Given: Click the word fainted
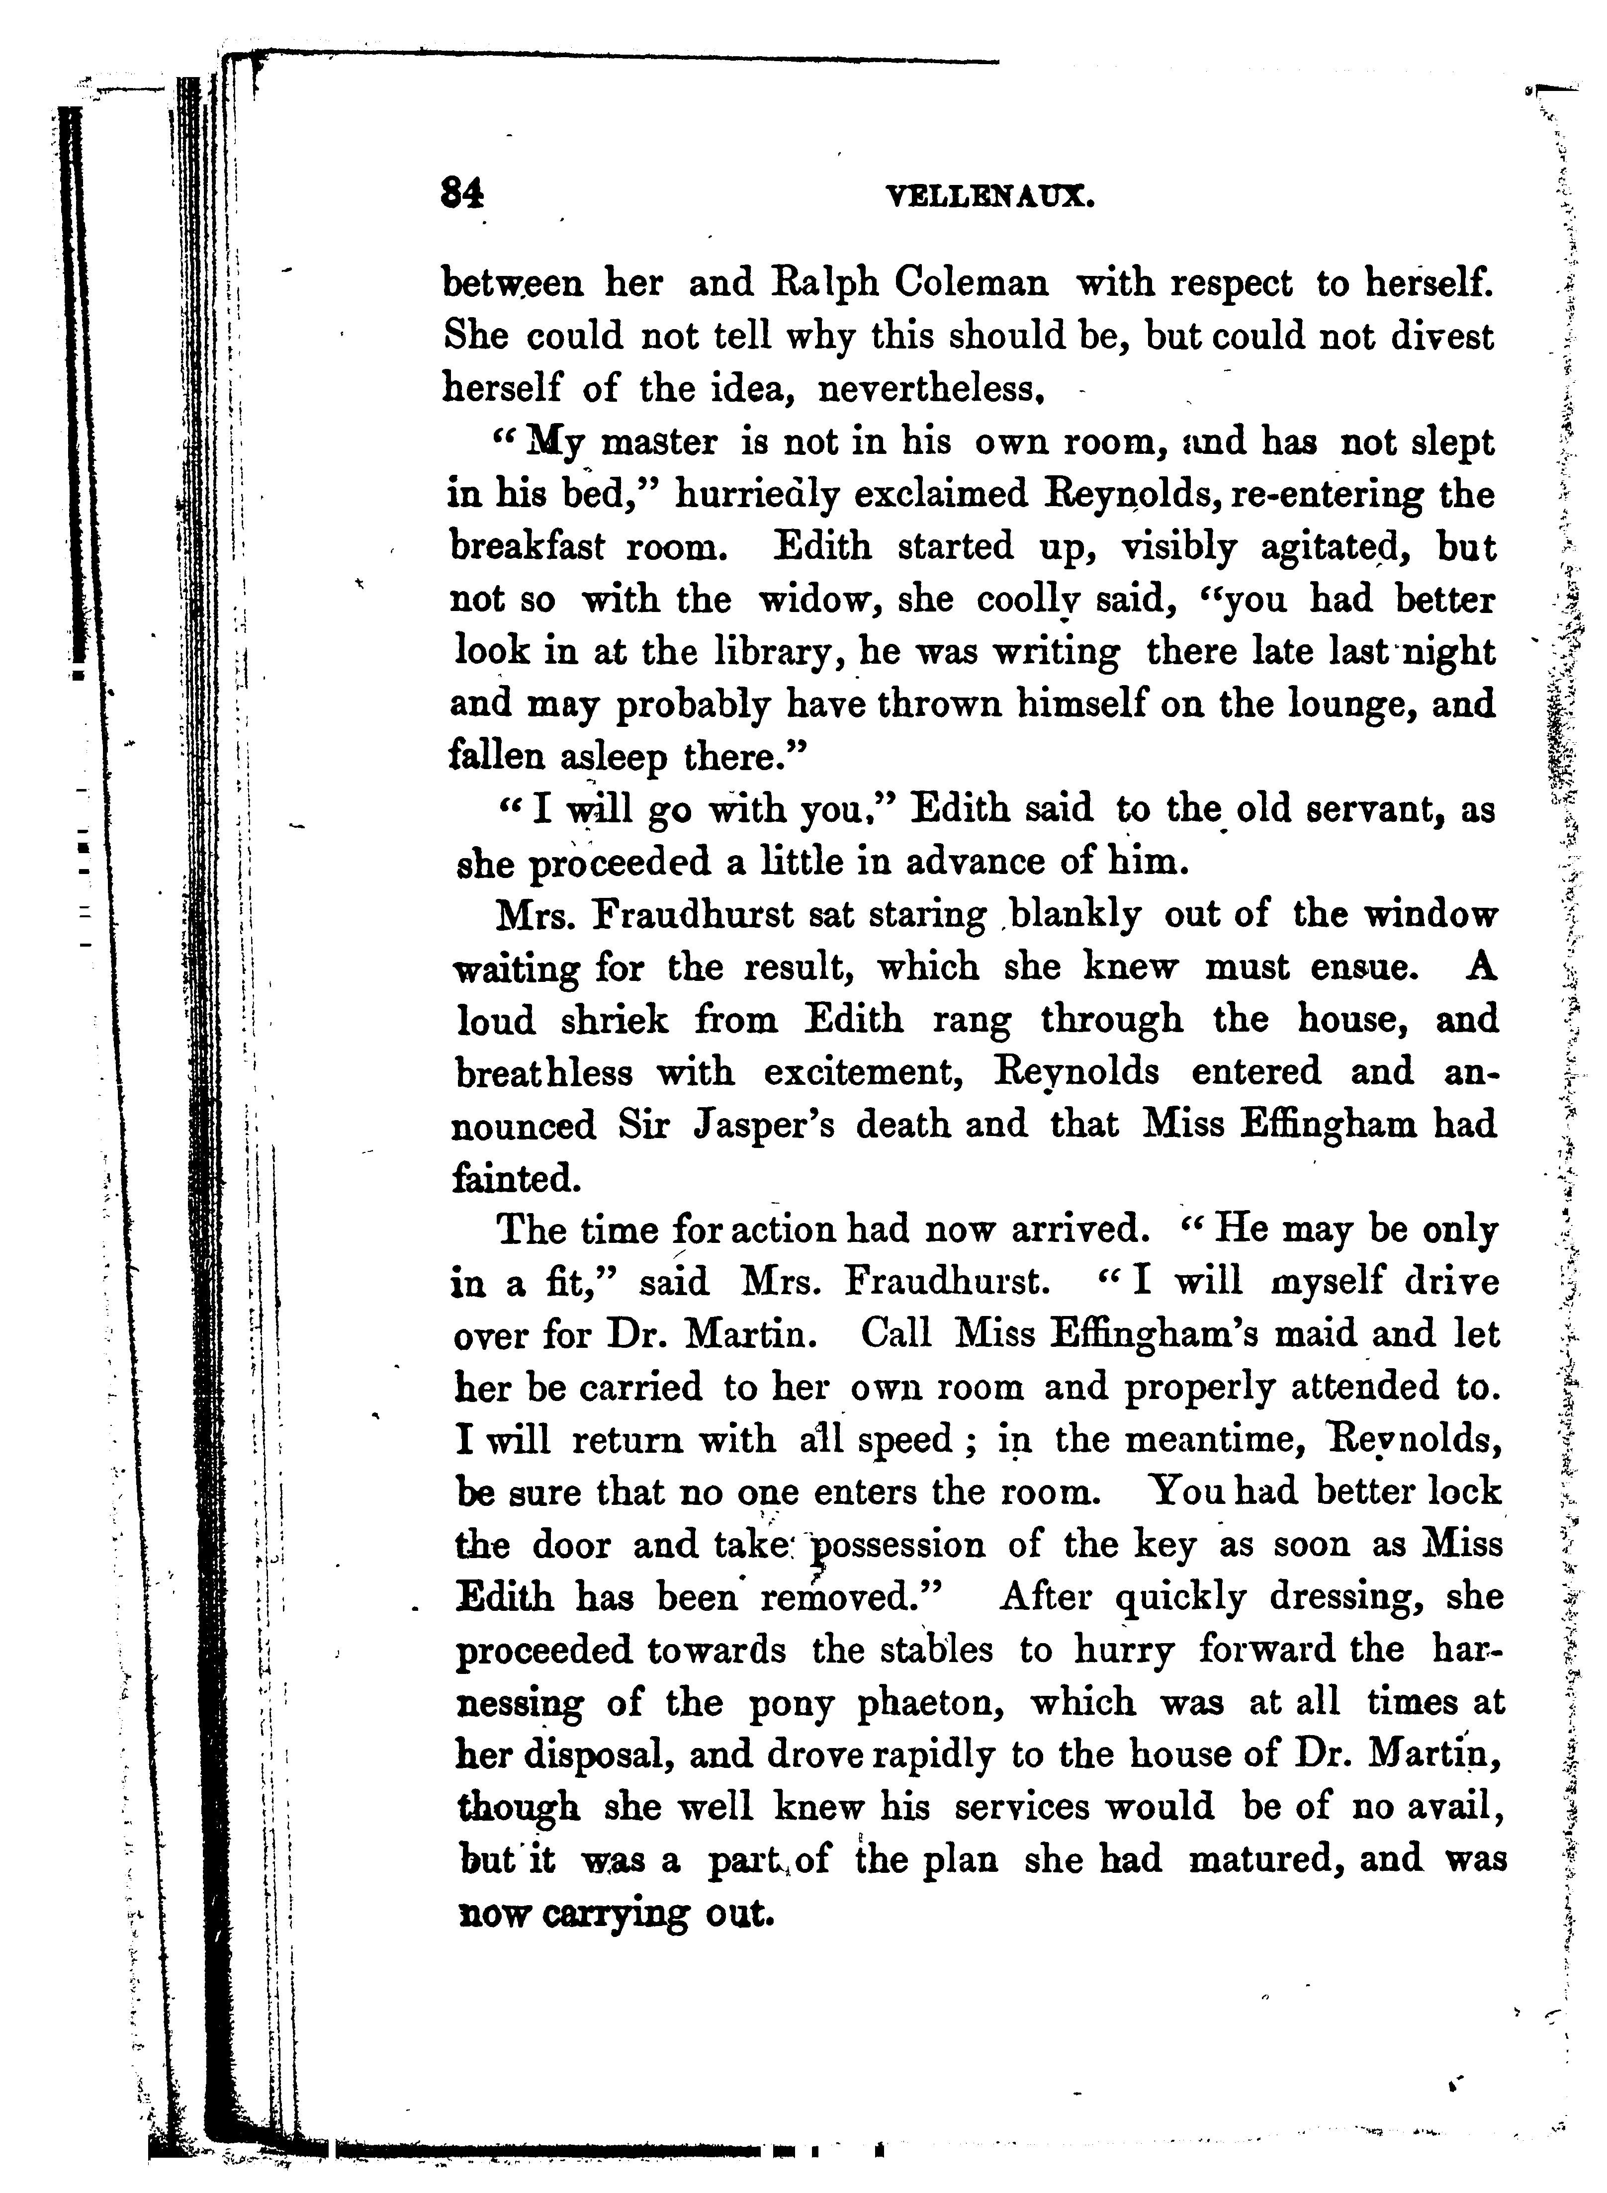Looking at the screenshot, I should (517, 1179).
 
